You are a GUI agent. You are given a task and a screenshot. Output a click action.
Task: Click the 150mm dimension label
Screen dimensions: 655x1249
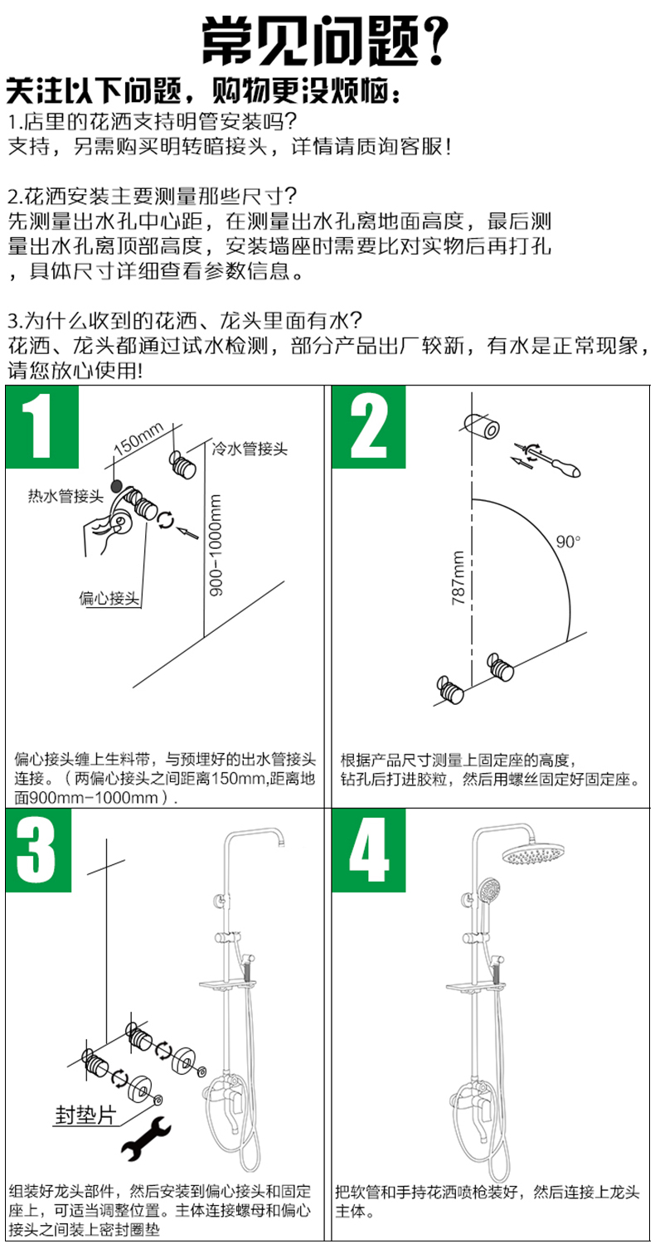pyautogui.click(x=138, y=439)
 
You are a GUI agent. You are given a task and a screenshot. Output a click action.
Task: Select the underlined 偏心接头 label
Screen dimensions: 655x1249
pyautogui.click(x=109, y=597)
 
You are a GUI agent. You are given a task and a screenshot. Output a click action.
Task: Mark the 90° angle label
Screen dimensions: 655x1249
pyautogui.click(x=568, y=542)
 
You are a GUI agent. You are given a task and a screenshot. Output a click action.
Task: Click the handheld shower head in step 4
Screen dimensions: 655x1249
pyautogui.click(x=488, y=893)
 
